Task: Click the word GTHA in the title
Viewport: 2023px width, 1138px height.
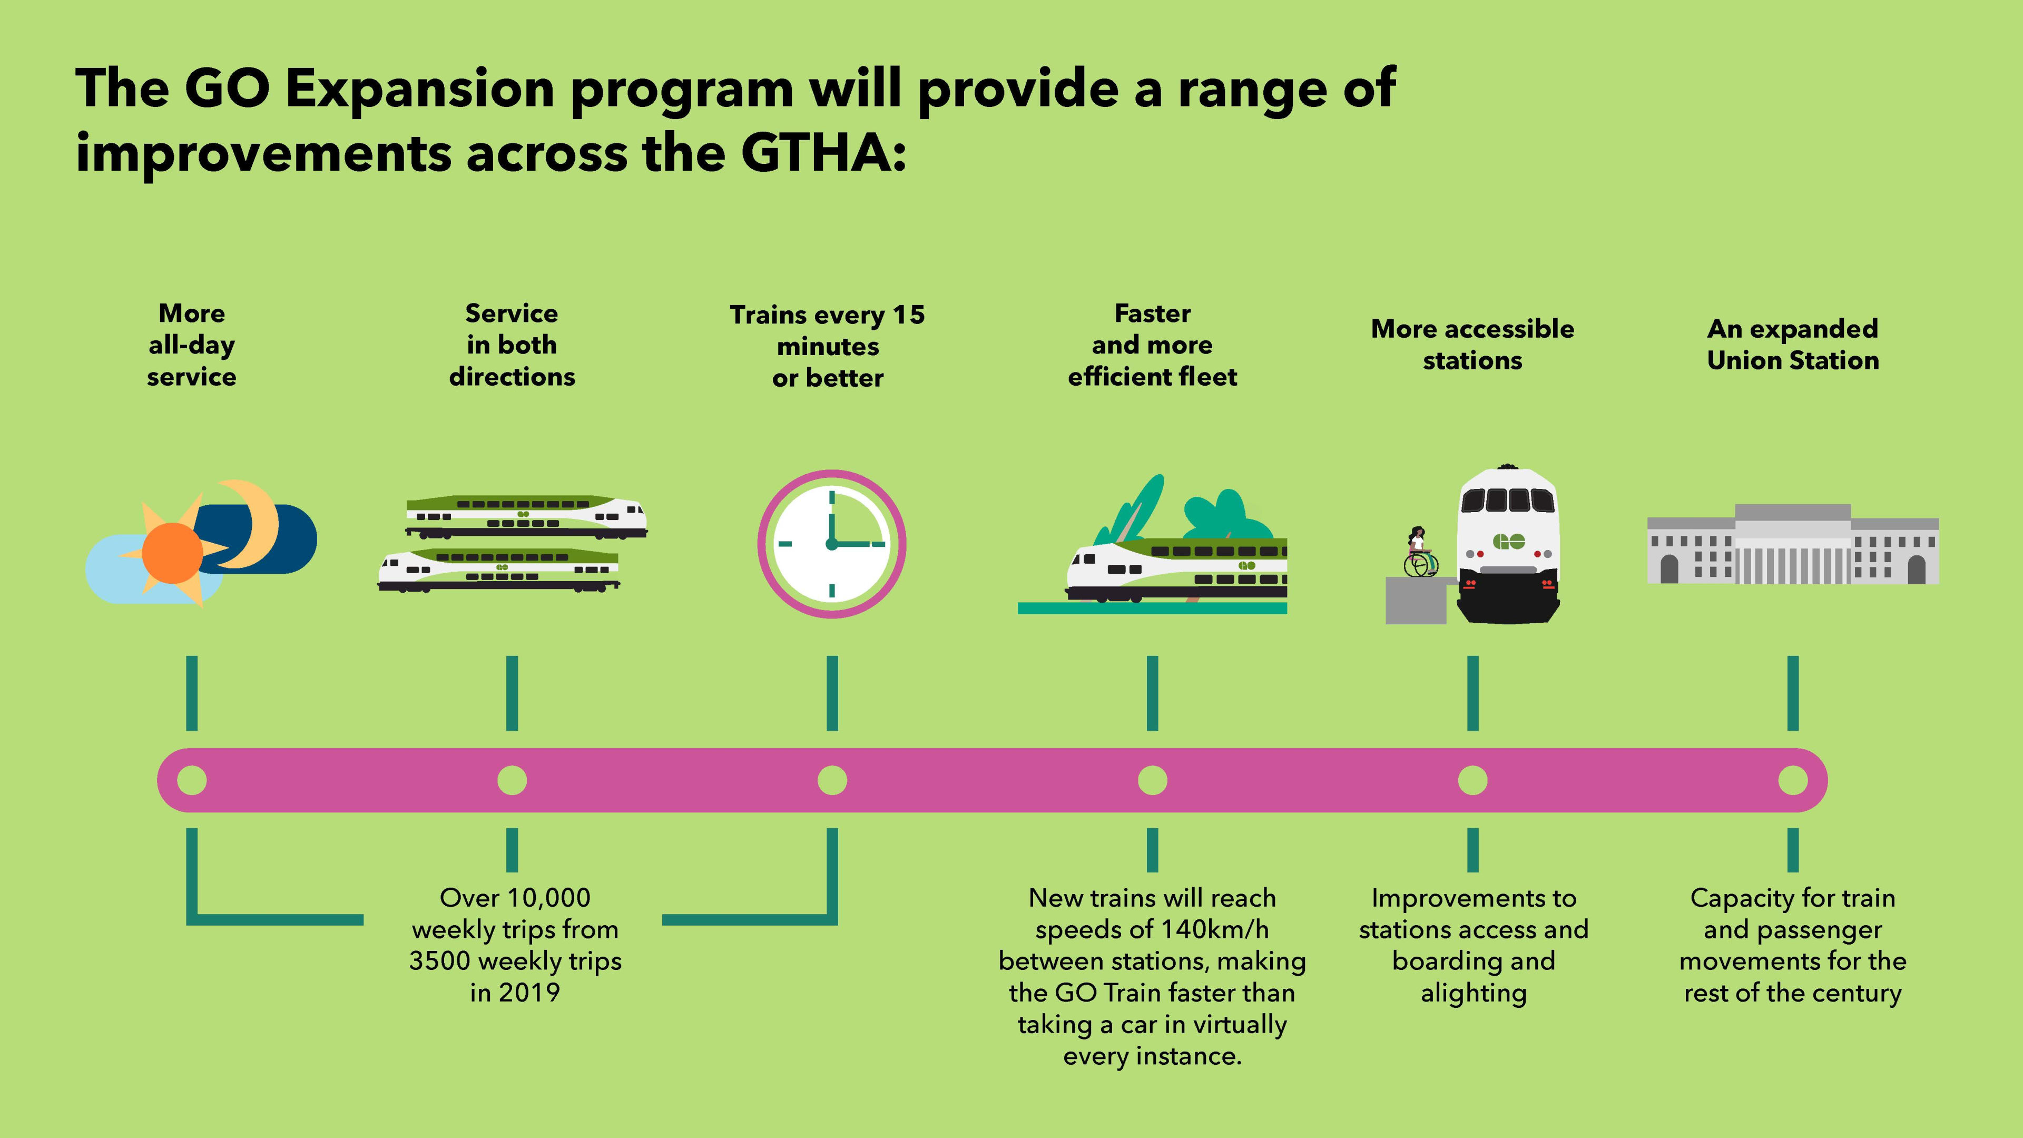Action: point(817,152)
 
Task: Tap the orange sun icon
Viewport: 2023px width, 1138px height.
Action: point(172,553)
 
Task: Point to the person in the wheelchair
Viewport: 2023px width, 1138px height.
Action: point(1418,551)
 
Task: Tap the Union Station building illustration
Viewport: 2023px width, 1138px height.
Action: point(1792,544)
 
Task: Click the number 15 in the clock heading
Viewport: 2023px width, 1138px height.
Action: point(909,315)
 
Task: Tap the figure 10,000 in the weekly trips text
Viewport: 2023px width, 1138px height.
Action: point(547,898)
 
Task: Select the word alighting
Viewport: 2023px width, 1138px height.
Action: point(1474,994)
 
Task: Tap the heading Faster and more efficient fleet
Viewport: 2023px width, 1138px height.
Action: point(1152,345)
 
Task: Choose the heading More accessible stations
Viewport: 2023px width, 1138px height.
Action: point(1472,344)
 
